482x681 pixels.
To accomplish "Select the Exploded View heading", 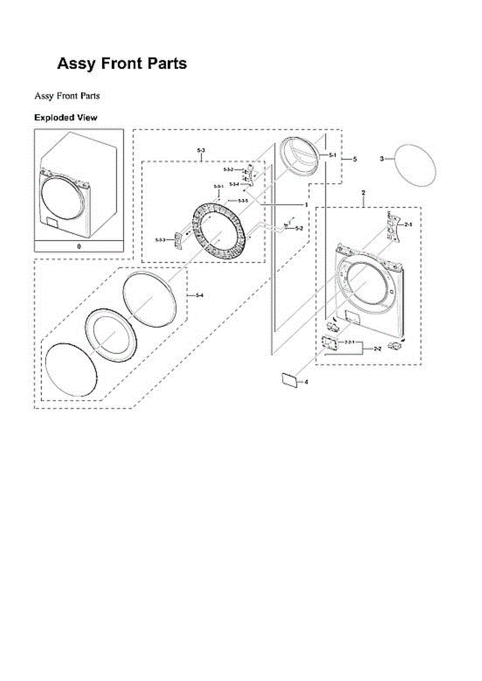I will [x=65, y=118].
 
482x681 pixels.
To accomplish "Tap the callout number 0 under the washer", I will [x=79, y=247].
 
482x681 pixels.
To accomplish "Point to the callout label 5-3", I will [x=201, y=150].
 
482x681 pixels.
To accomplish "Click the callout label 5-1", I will [x=333, y=154].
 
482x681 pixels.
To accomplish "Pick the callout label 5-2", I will [x=299, y=228].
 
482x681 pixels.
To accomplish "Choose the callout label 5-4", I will [x=199, y=295].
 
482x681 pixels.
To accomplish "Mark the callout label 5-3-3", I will [x=160, y=241].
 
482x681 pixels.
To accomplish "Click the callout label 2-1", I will [x=408, y=225].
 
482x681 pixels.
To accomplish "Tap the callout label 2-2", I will [x=377, y=348].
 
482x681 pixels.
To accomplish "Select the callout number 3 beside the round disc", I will [x=382, y=159].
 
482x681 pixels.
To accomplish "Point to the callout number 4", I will [x=307, y=382].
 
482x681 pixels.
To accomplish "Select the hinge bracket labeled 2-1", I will [x=392, y=226].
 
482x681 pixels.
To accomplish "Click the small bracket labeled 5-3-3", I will [x=178, y=240].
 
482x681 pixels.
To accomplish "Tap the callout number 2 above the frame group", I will [x=363, y=194].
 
